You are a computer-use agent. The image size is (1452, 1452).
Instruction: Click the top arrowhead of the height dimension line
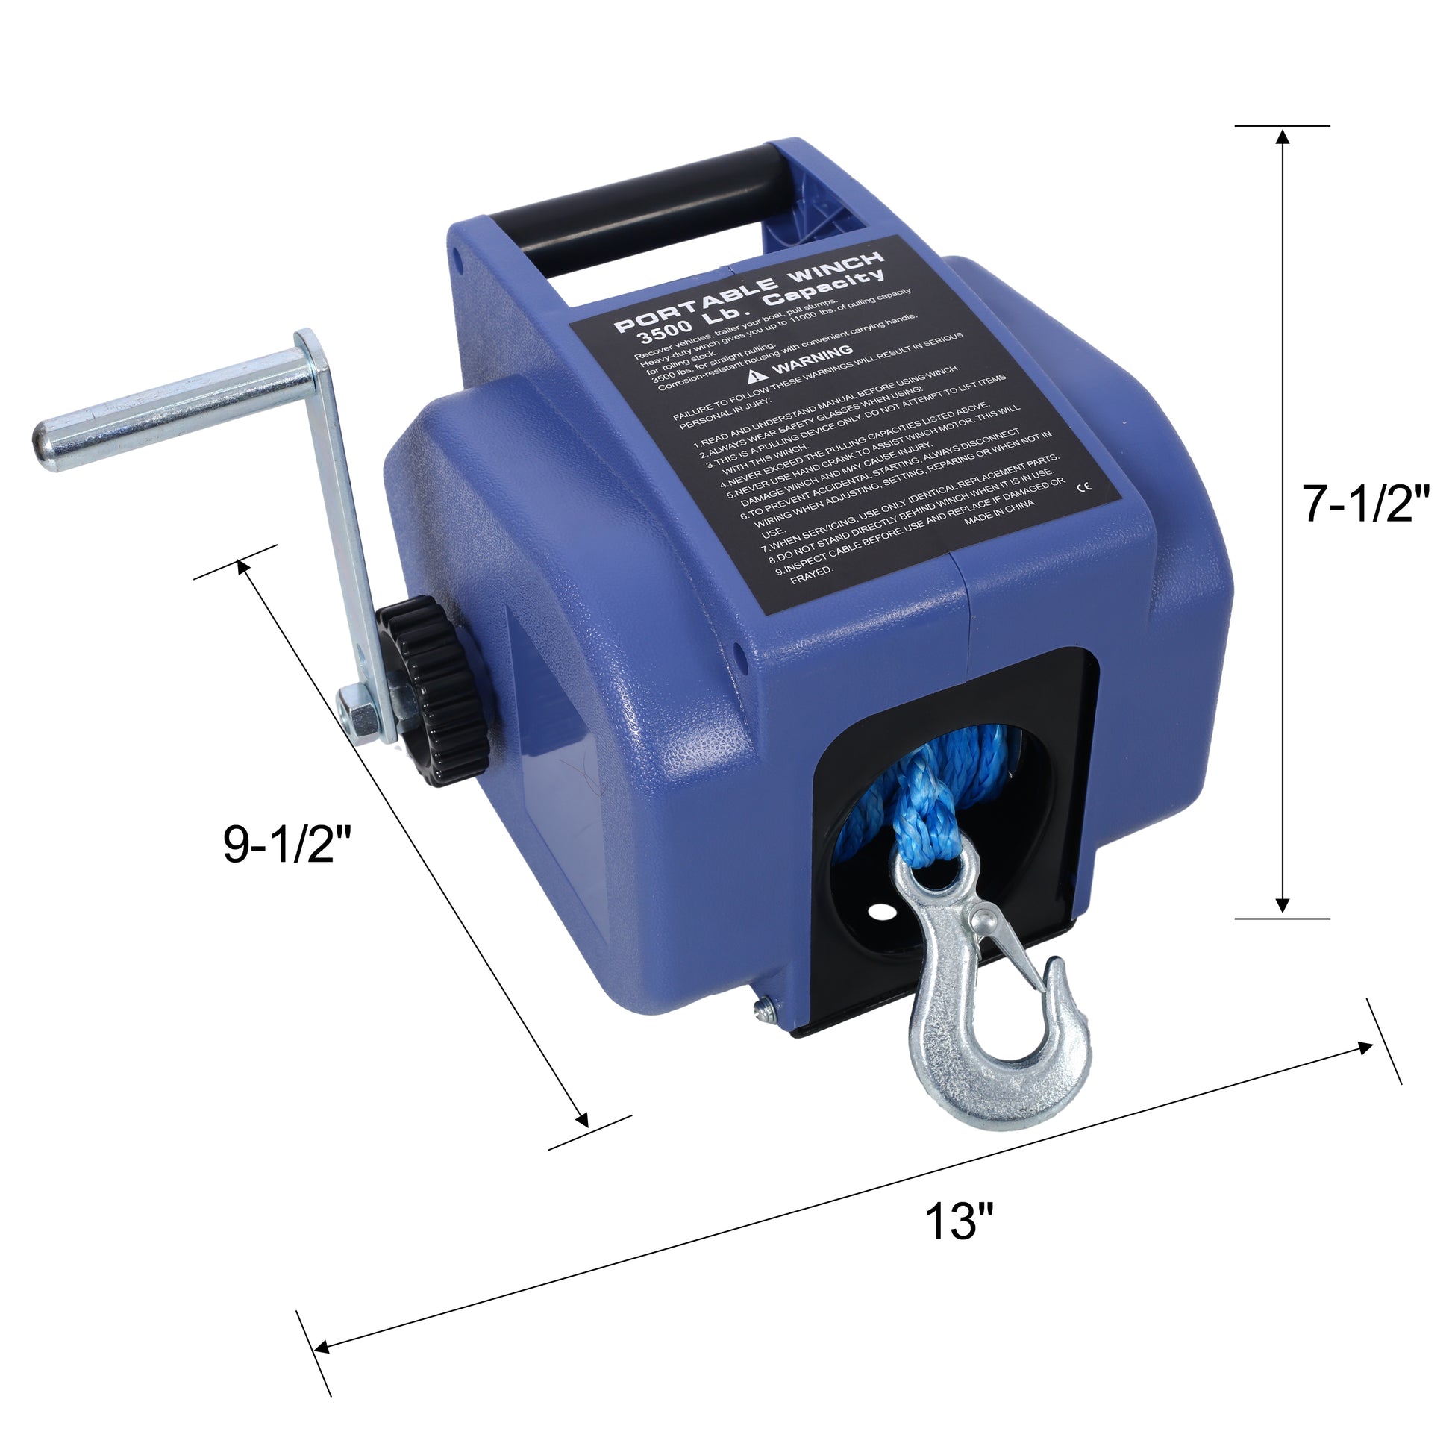[x=1283, y=136]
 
